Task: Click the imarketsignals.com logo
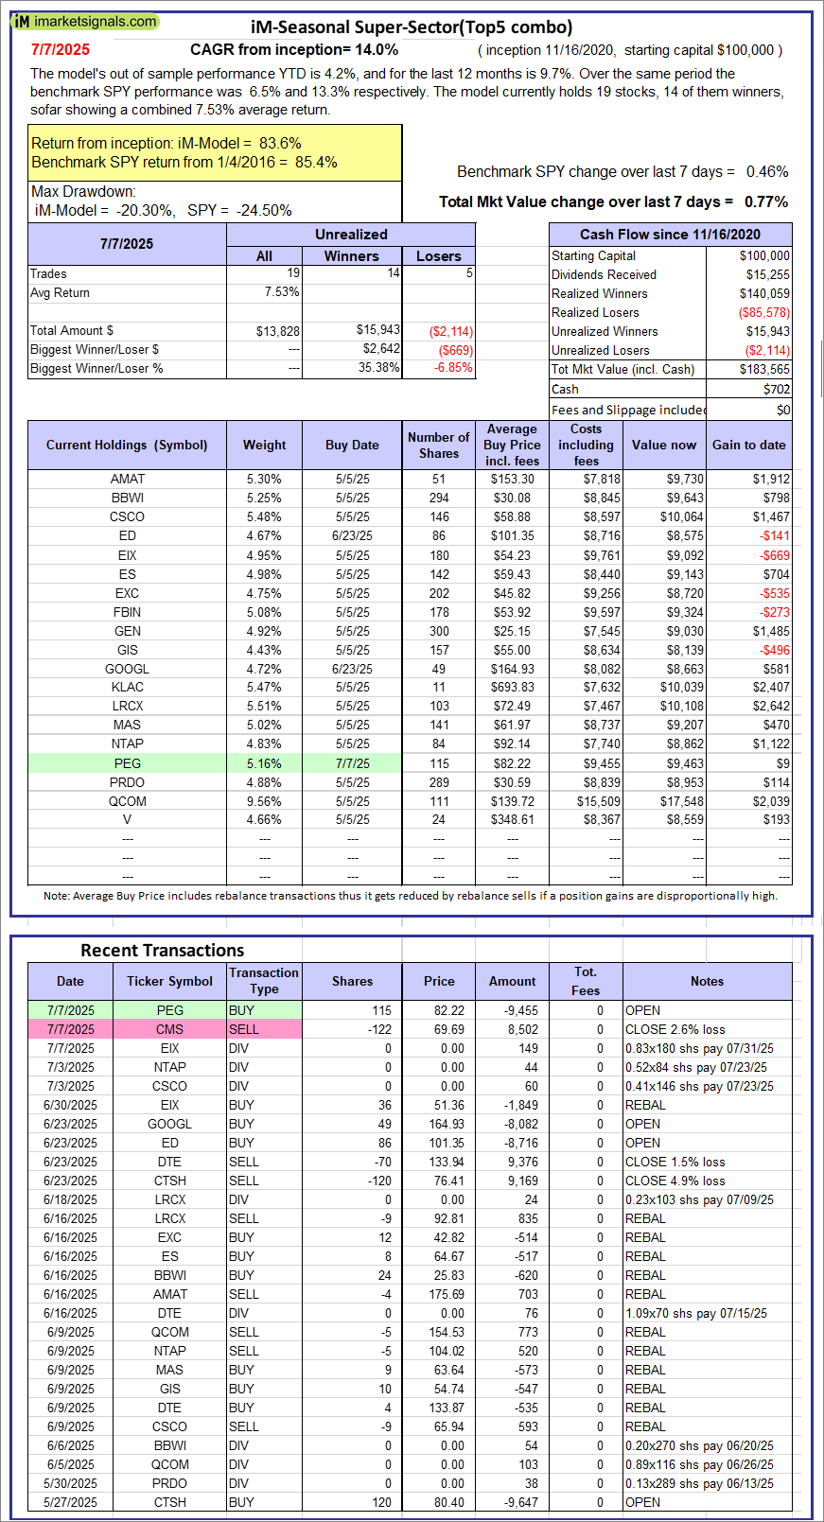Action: pyautogui.click(x=85, y=21)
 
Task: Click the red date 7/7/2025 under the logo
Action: pyautogui.click(x=61, y=50)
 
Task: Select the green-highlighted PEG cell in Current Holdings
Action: pyautogui.click(x=127, y=763)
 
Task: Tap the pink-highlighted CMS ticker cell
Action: pyautogui.click(x=169, y=1029)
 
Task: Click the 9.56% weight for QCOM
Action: pyautogui.click(x=264, y=801)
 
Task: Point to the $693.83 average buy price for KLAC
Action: pyautogui.click(x=512, y=688)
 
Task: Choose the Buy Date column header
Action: pyautogui.click(x=352, y=445)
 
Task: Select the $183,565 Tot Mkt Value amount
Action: pyautogui.click(x=764, y=370)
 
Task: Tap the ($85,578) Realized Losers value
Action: pyautogui.click(x=763, y=313)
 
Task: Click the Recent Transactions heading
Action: pyautogui.click(x=162, y=951)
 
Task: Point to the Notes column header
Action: pyautogui.click(x=707, y=981)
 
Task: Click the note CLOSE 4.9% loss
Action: pyautogui.click(x=675, y=1181)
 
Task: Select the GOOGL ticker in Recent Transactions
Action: pyautogui.click(x=169, y=1124)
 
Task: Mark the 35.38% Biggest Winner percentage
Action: pyautogui.click(x=378, y=368)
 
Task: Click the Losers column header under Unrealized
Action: pyautogui.click(x=438, y=256)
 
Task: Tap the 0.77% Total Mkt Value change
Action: pyautogui.click(x=766, y=201)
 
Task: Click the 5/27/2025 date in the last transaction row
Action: pyautogui.click(x=70, y=1502)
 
